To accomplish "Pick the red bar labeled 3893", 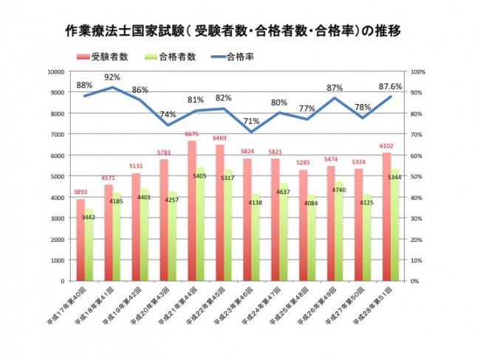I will tap(80, 240).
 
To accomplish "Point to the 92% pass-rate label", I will tap(112, 77).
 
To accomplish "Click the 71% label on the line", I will tap(251, 122).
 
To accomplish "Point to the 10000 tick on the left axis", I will tap(58, 72).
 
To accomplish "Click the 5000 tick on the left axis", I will tap(59, 176).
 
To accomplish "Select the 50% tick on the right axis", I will tap(416, 176).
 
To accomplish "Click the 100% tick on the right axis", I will tap(417, 72).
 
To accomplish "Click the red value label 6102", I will tap(386, 146).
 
